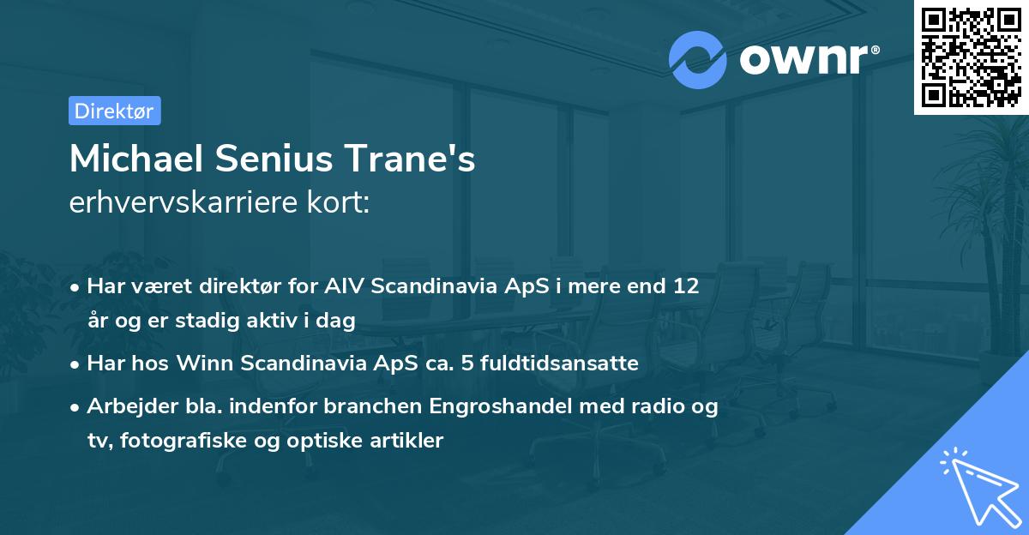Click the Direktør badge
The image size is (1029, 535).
[114, 111]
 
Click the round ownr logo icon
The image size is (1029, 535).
[697, 59]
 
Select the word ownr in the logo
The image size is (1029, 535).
[808, 59]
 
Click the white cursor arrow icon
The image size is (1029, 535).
[975, 485]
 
